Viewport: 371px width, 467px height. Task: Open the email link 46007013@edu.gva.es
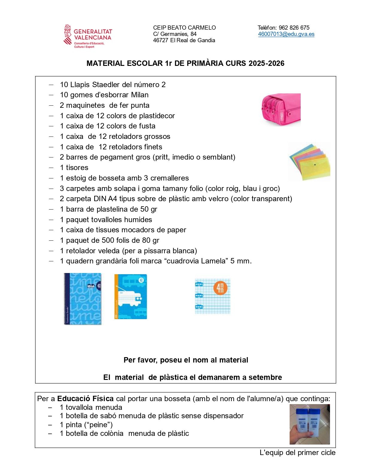click(x=286, y=34)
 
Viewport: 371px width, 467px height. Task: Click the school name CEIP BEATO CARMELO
click(x=184, y=28)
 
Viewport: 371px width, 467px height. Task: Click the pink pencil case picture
click(x=281, y=110)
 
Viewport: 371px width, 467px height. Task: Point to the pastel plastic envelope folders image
click(x=309, y=162)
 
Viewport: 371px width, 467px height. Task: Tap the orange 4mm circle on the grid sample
click(x=220, y=288)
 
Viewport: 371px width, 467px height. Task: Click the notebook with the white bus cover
click(x=131, y=296)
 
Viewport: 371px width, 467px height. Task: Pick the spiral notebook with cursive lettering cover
click(x=83, y=299)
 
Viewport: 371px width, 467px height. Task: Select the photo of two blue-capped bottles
click(x=309, y=424)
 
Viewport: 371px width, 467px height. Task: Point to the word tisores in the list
click(x=77, y=168)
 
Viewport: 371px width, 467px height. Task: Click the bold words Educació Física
click(x=85, y=399)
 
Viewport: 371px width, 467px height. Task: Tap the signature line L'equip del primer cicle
click(x=297, y=453)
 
